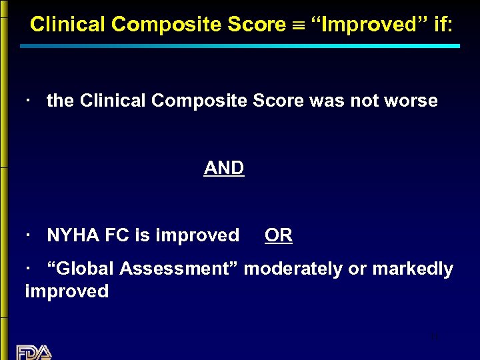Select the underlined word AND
[224, 168]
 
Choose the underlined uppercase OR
[278, 235]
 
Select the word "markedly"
[413, 269]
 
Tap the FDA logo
[34, 351]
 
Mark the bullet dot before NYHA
[29, 235]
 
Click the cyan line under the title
[240, 46]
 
